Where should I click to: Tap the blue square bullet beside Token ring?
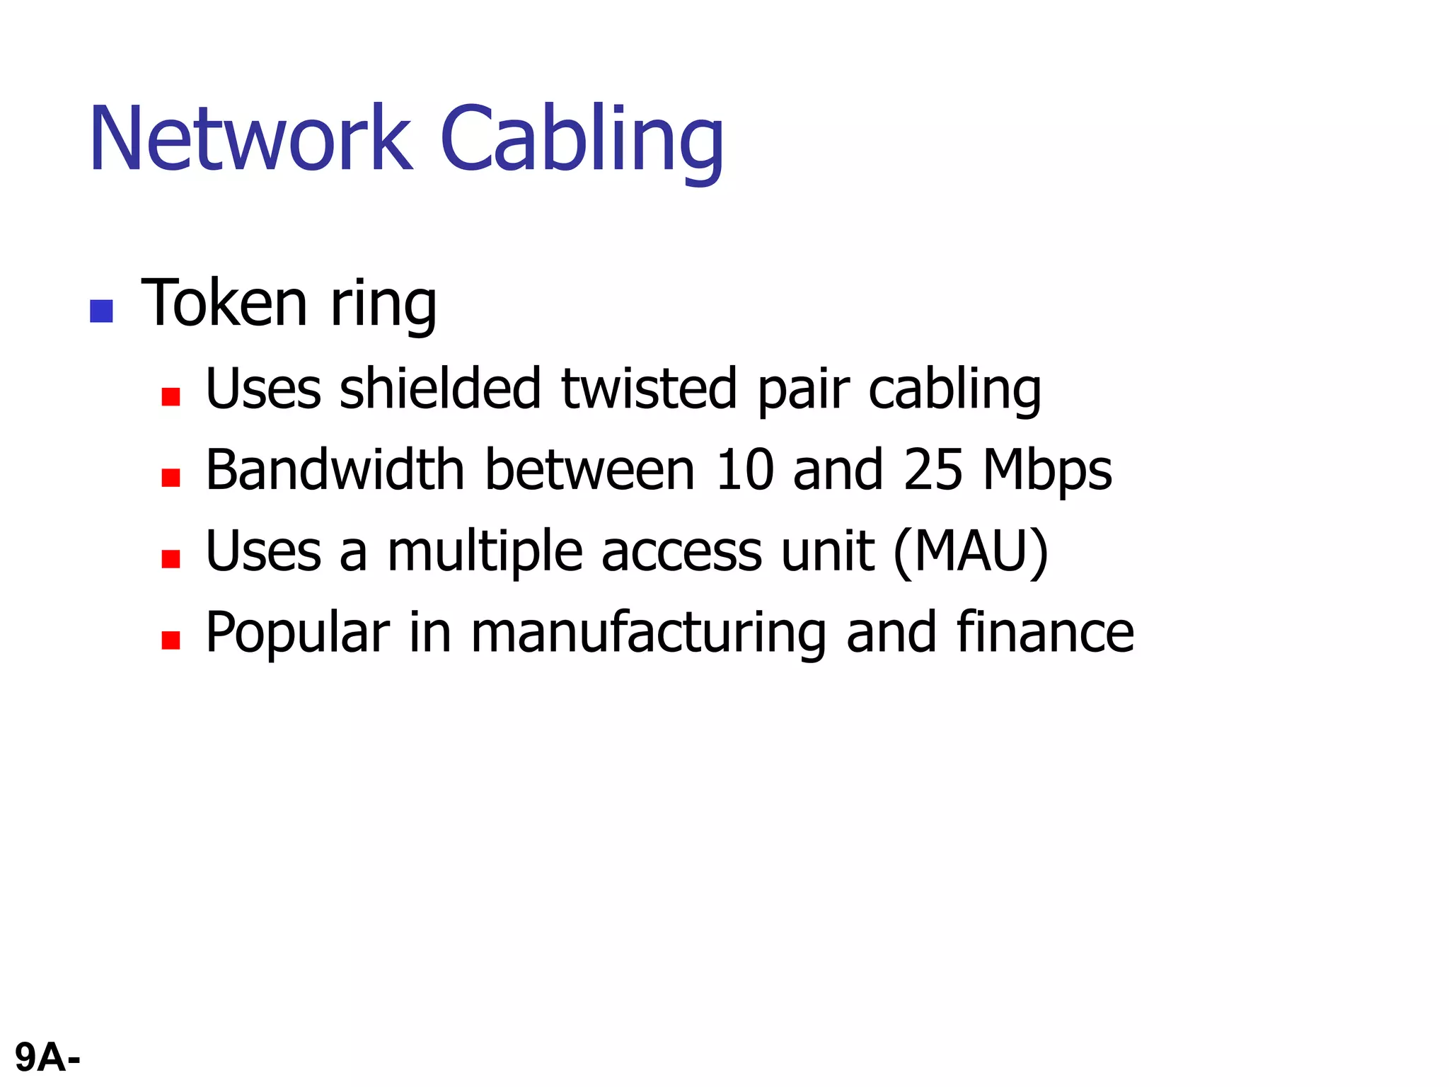tap(102, 311)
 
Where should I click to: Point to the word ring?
tap(383, 306)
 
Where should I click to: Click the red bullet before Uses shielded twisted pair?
tap(171, 396)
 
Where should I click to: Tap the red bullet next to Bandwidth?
tap(171, 478)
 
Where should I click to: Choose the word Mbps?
tap(1047, 472)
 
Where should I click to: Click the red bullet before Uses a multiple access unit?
tap(171, 559)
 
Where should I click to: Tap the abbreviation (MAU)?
tap(971, 552)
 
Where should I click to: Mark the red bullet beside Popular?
tap(171, 640)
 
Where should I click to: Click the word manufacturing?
tap(648, 634)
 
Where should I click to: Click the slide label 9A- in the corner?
tap(47, 1058)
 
